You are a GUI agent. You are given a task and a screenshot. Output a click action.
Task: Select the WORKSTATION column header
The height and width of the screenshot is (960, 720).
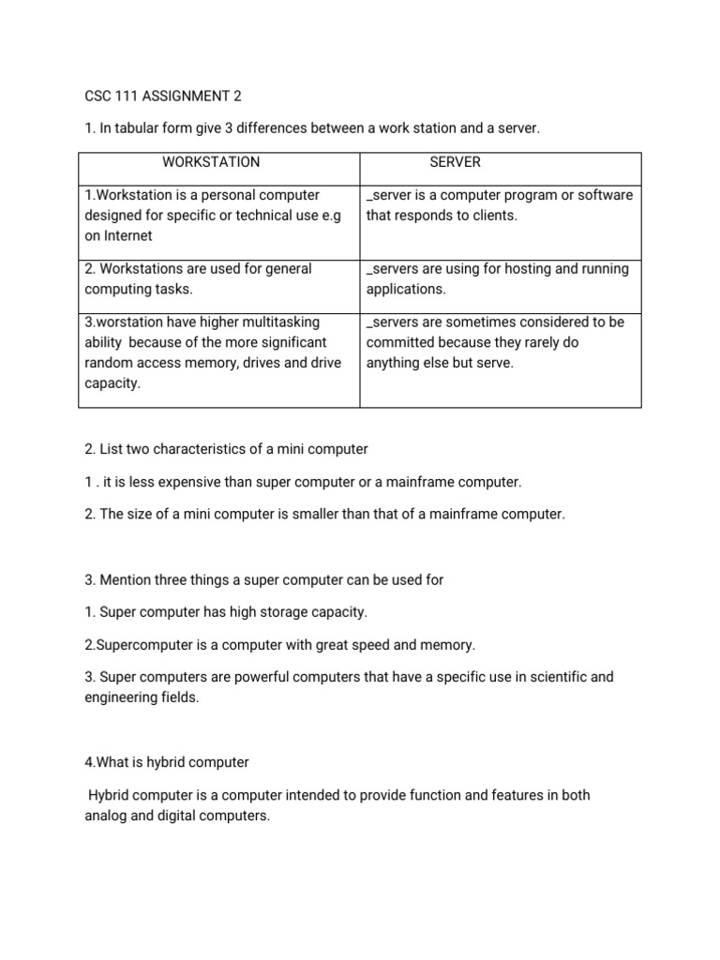coord(211,162)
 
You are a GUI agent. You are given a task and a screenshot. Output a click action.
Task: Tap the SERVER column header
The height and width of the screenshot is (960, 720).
coord(455,162)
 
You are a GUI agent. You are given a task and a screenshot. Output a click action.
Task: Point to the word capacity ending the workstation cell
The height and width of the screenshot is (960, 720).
coord(112,383)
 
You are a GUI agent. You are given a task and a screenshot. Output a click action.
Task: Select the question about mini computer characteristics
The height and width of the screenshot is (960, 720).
coord(226,449)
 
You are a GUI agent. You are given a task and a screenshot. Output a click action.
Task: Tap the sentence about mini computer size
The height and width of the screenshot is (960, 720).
coord(324,515)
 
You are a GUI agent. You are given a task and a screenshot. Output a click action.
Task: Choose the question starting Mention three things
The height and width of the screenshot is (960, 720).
coord(263,579)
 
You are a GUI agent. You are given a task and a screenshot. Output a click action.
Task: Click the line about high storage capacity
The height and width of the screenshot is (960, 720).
coord(225,612)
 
